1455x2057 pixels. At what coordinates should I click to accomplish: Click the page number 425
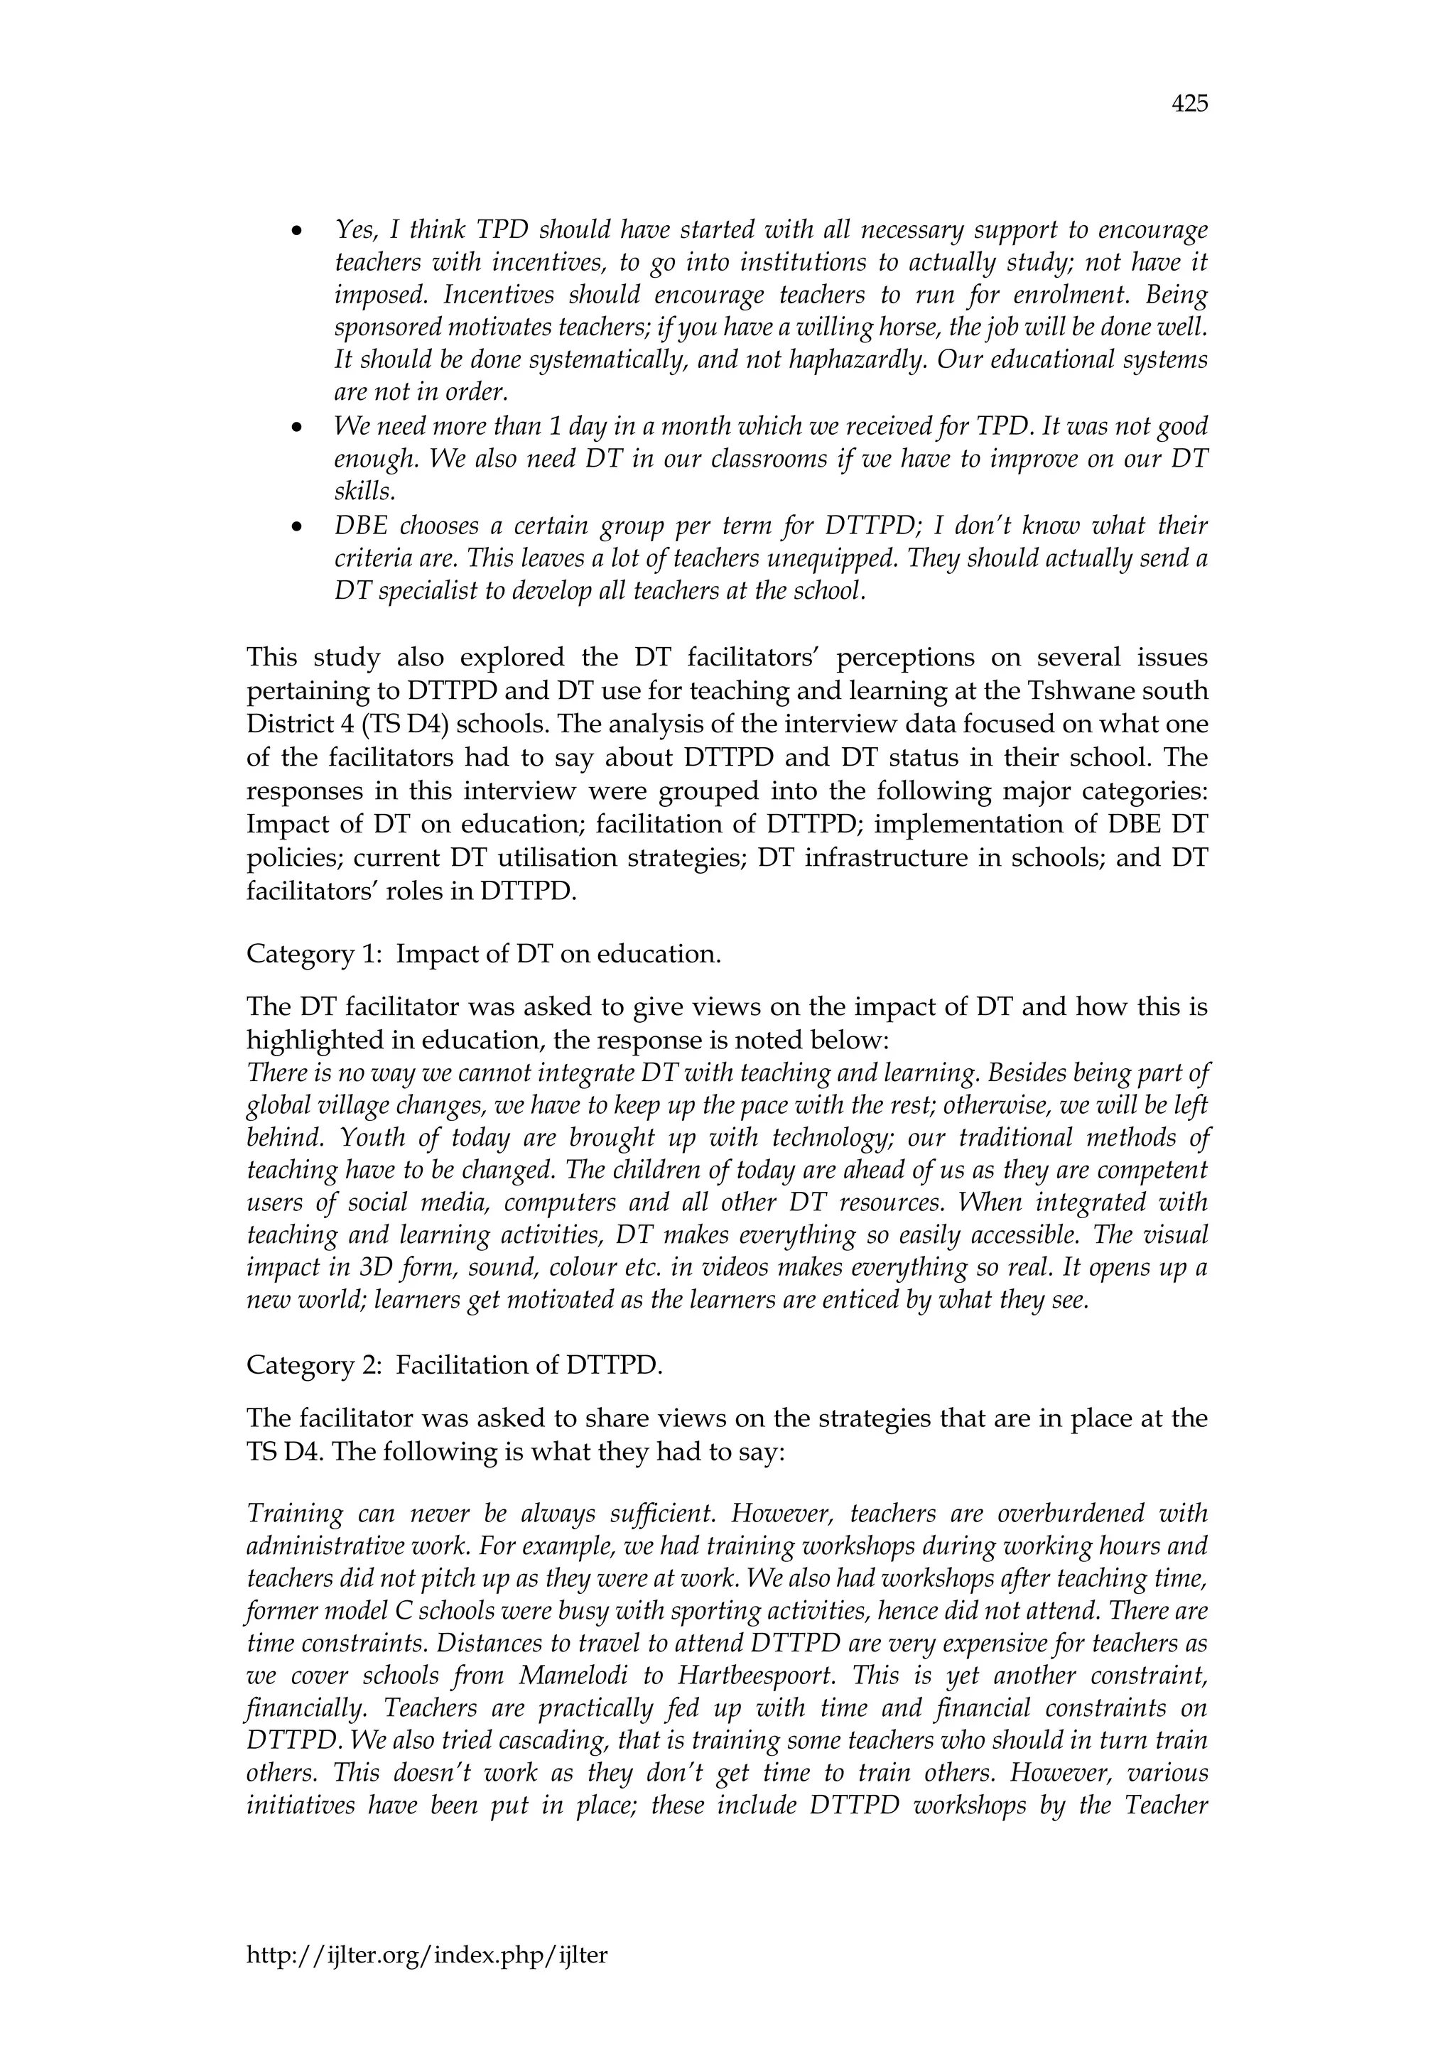click(x=1189, y=104)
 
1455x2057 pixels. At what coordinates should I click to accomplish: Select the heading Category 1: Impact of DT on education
click(x=484, y=953)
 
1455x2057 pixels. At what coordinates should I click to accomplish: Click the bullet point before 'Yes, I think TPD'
click(x=296, y=232)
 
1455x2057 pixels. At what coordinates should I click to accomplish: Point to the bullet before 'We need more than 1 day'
click(x=296, y=428)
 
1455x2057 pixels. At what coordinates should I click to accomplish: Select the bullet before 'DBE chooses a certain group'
click(x=296, y=528)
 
